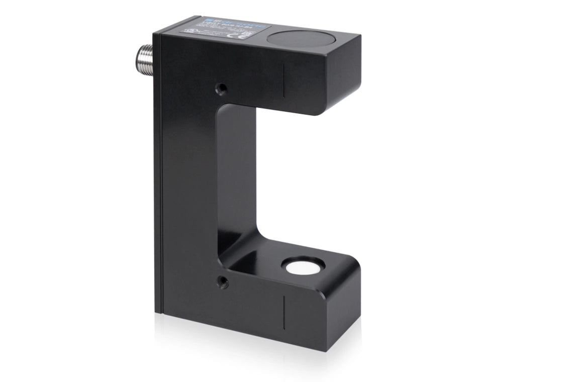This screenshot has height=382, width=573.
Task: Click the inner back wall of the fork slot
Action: tap(236, 176)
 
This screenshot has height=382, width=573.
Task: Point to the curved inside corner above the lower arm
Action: tap(226, 251)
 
